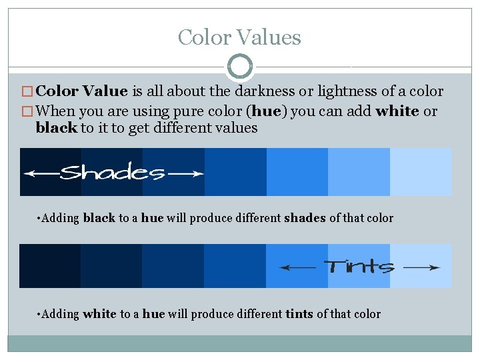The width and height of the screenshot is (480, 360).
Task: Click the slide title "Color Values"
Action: (239, 37)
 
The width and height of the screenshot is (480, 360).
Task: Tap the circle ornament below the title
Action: (240, 67)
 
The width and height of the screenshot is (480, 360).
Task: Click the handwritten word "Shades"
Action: (112, 173)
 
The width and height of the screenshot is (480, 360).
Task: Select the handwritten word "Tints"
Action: (359, 267)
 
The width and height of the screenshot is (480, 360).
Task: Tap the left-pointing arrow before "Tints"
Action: (297, 267)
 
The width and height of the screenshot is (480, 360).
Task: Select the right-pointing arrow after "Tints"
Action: (422, 267)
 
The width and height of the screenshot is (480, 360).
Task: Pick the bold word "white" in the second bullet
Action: (397, 111)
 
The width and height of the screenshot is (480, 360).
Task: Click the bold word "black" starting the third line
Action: (56, 128)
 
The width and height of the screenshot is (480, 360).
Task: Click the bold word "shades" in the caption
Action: (305, 218)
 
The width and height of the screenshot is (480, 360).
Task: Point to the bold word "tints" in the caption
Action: (299, 314)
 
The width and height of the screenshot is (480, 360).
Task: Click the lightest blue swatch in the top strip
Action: (421, 172)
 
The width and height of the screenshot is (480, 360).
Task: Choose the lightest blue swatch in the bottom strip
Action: (421, 266)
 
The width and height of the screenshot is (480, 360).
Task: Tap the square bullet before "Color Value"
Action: (27, 92)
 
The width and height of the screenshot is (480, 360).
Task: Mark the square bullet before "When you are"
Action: (27, 112)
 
